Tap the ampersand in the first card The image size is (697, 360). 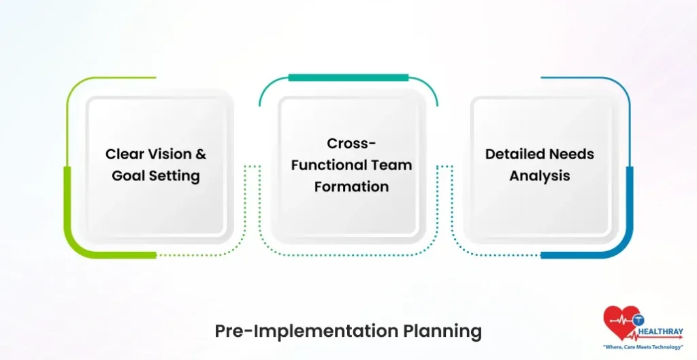click(x=200, y=154)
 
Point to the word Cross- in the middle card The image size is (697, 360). click(x=351, y=144)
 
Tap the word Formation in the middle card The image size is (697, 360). click(x=351, y=187)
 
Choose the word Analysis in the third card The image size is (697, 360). click(x=539, y=176)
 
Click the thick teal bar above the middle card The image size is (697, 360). click(x=348, y=78)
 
